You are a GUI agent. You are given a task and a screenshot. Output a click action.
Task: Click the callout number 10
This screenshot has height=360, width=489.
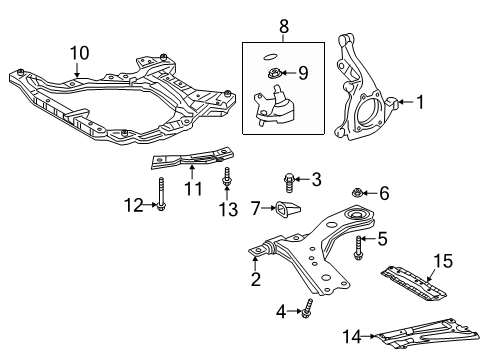[x=78, y=51]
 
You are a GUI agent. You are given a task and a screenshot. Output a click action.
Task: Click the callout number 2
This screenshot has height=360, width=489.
[x=257, y=280]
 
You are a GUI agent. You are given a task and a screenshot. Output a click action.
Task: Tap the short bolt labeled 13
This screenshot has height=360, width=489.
[x=229, y=183]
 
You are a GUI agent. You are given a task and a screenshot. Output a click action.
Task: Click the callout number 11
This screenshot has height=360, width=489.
[x=193, y=187]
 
